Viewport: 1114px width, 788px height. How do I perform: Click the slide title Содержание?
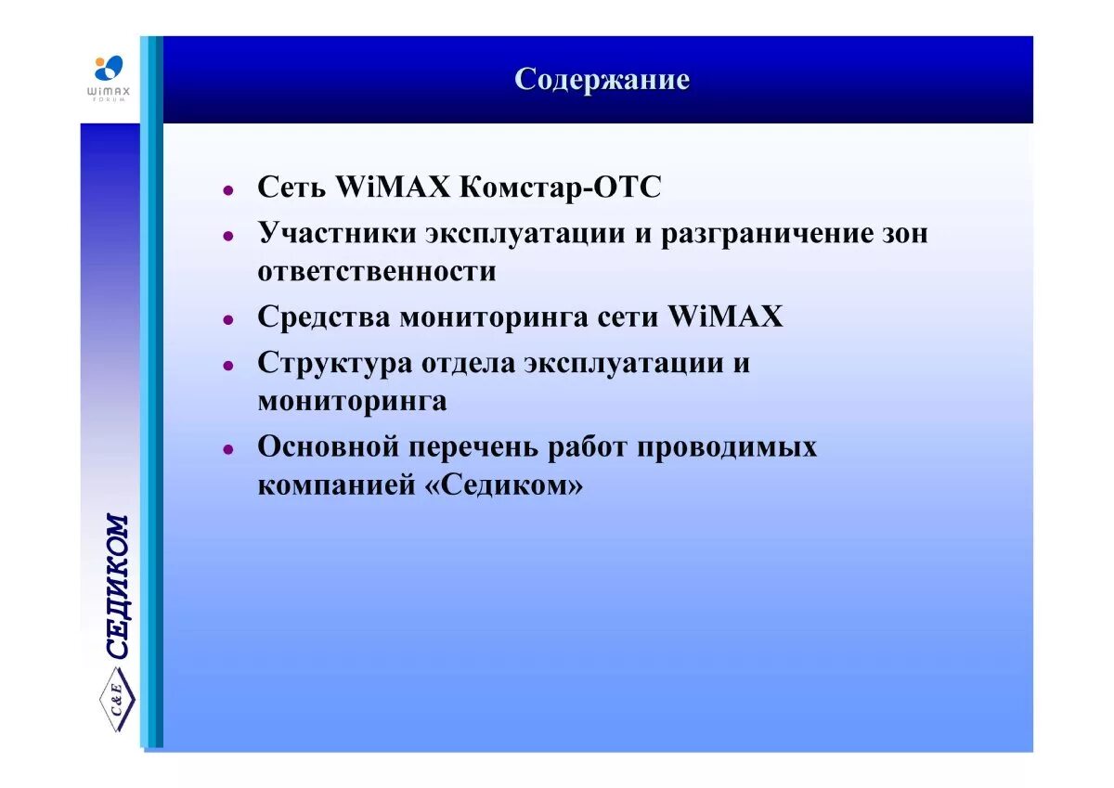[x=602, y=80]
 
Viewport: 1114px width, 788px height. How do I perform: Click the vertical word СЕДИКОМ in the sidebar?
[x=118, y=587]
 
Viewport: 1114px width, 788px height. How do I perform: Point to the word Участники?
[x=337, y=233]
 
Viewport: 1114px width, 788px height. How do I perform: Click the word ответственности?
[x=377, y=272]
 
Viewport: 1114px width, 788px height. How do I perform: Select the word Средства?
[x=324, y=317]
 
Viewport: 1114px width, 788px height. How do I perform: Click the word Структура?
[x=334, y=363]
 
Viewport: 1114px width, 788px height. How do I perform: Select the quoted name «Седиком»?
[x=506, y=485]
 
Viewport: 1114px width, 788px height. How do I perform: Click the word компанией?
[x=335, y=485]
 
